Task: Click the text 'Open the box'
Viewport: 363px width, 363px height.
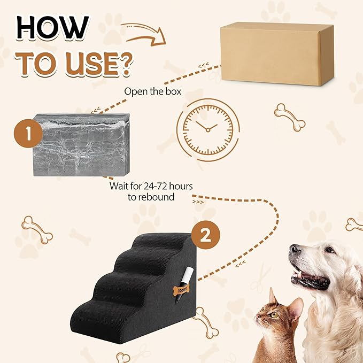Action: click(152, 91)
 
